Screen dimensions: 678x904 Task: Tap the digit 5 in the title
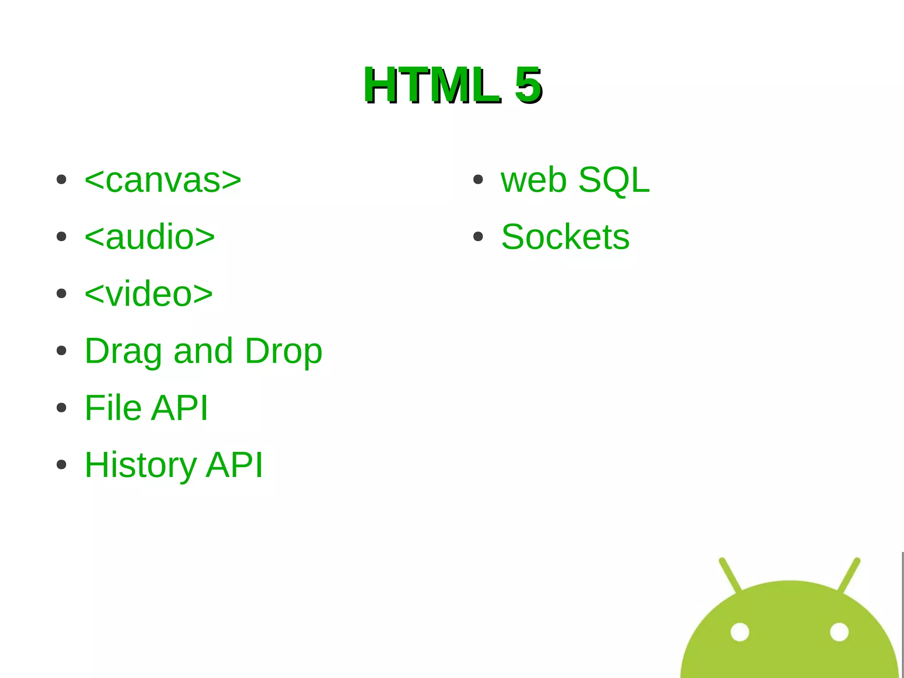528,85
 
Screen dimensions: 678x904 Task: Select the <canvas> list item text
163,180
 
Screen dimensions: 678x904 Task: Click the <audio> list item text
150,237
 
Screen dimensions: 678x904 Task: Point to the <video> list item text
149,294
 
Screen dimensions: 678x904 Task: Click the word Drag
123,352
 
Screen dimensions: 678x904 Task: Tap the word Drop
283,352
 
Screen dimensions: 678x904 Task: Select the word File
113,408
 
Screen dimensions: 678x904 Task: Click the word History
140,465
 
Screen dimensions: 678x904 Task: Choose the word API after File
179,408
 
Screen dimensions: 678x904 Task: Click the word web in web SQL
534,180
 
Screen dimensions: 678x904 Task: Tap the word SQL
614,180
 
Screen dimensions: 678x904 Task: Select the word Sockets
565,237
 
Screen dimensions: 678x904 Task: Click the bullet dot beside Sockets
478,237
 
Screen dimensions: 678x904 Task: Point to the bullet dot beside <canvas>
61,180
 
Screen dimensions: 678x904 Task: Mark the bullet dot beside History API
61,465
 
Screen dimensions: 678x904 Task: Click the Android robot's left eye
740,632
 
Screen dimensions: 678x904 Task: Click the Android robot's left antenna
730,574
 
